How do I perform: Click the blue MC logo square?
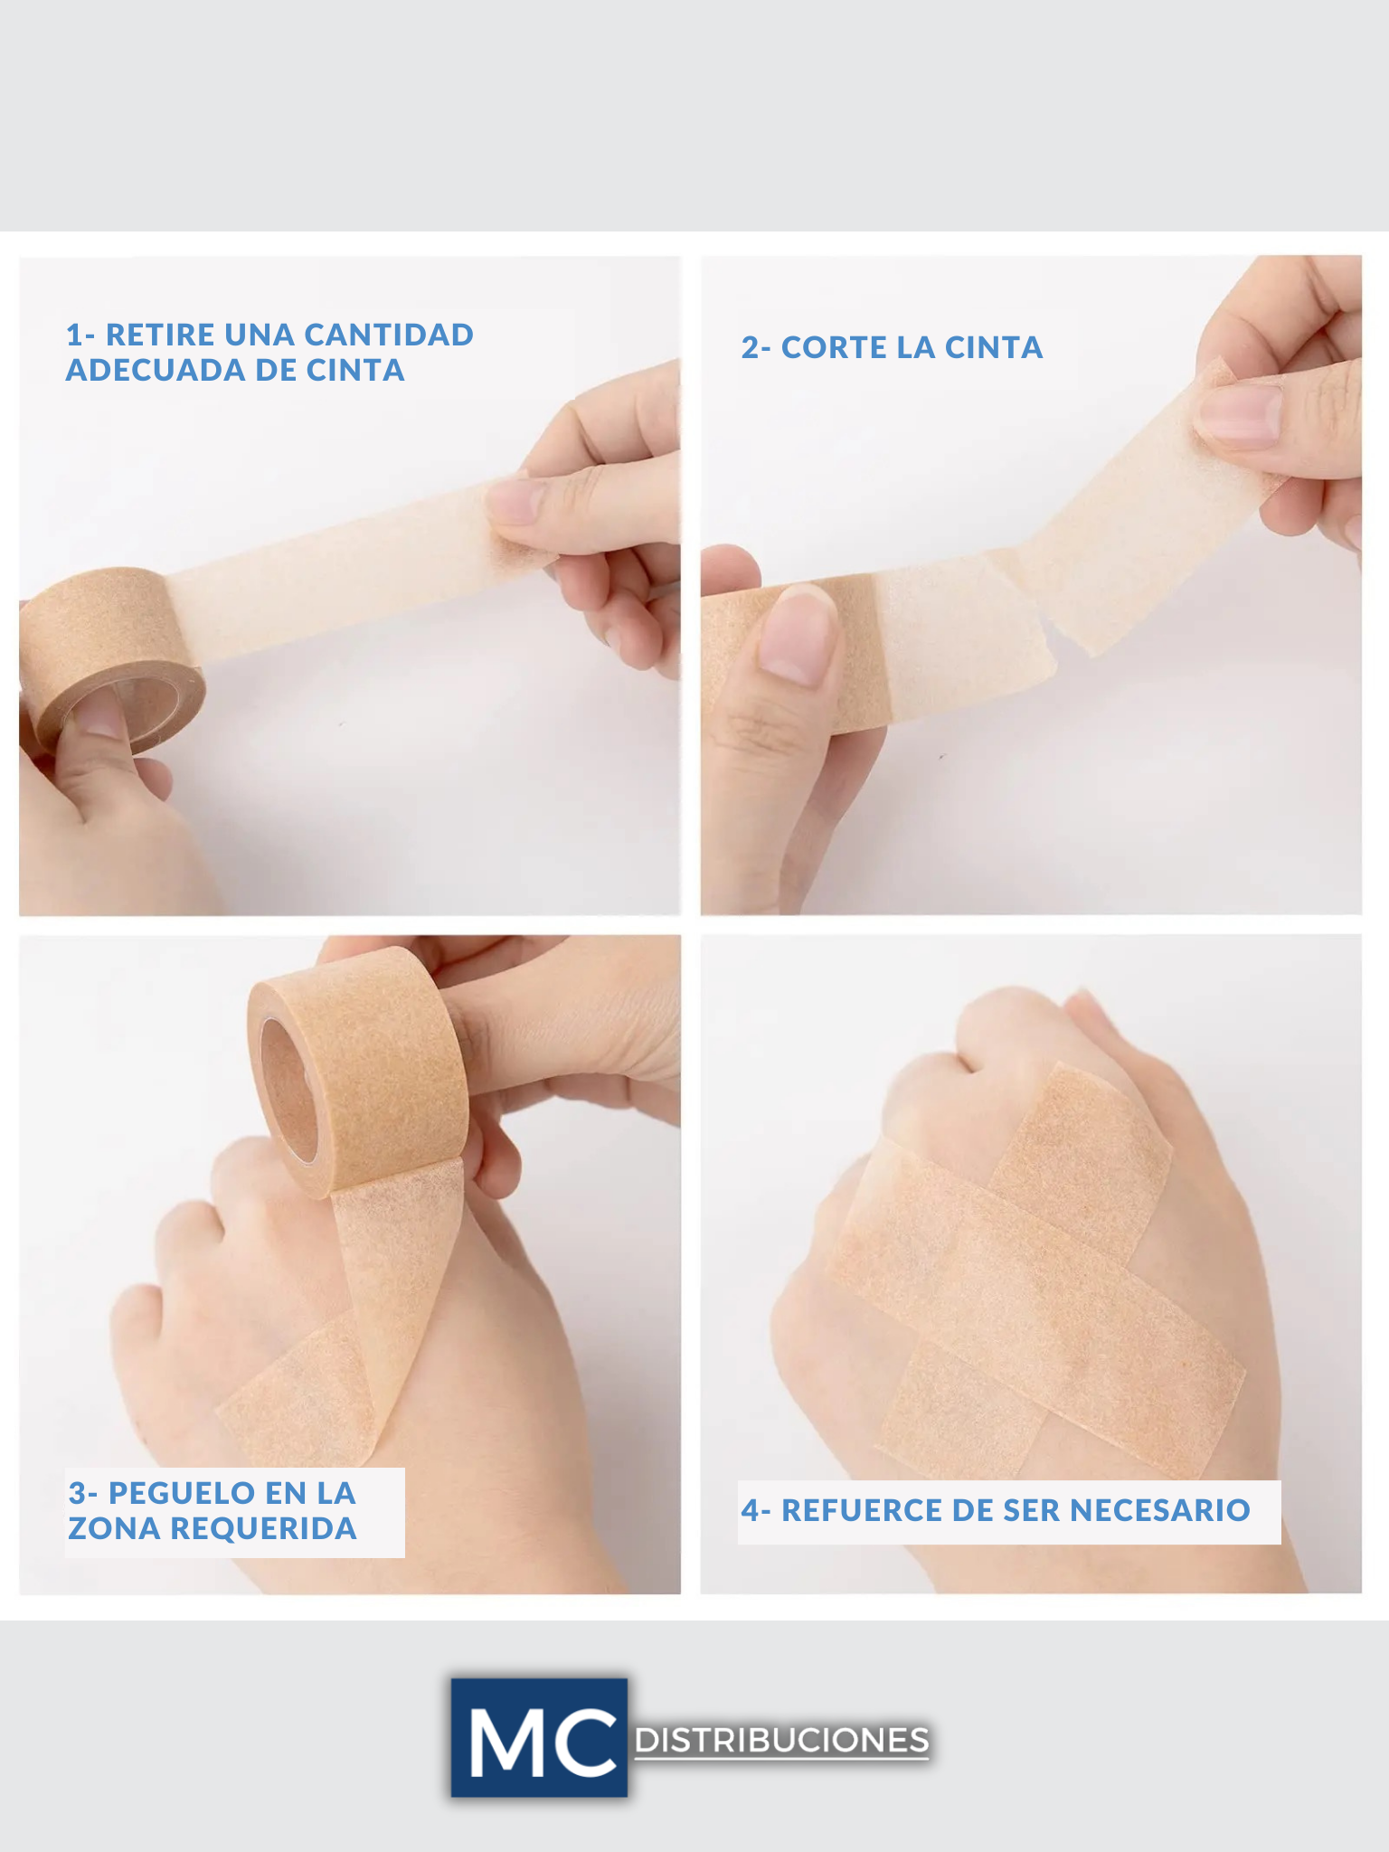[539, 1738]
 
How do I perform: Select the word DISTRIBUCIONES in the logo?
[782, 1741]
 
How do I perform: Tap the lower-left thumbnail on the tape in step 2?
[796, 633]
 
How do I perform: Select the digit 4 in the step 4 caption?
[750, 1510]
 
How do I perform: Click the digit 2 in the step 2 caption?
[750, 347]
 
